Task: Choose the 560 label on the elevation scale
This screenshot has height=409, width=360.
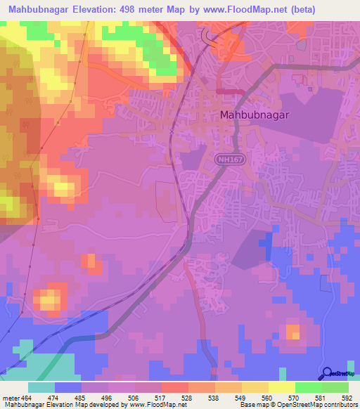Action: pyautogui.click(x=268, y=398)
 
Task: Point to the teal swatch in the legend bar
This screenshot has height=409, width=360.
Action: pyautogui.click(x=41, y=387)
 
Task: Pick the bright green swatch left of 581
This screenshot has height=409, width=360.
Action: pyautogui.click(x=309, y=387)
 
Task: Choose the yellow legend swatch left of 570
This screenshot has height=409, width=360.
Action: pyautogui.click(x=282, y=387)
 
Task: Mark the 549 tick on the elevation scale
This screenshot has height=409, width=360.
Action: pyautogui.click(x=241, y=398)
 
